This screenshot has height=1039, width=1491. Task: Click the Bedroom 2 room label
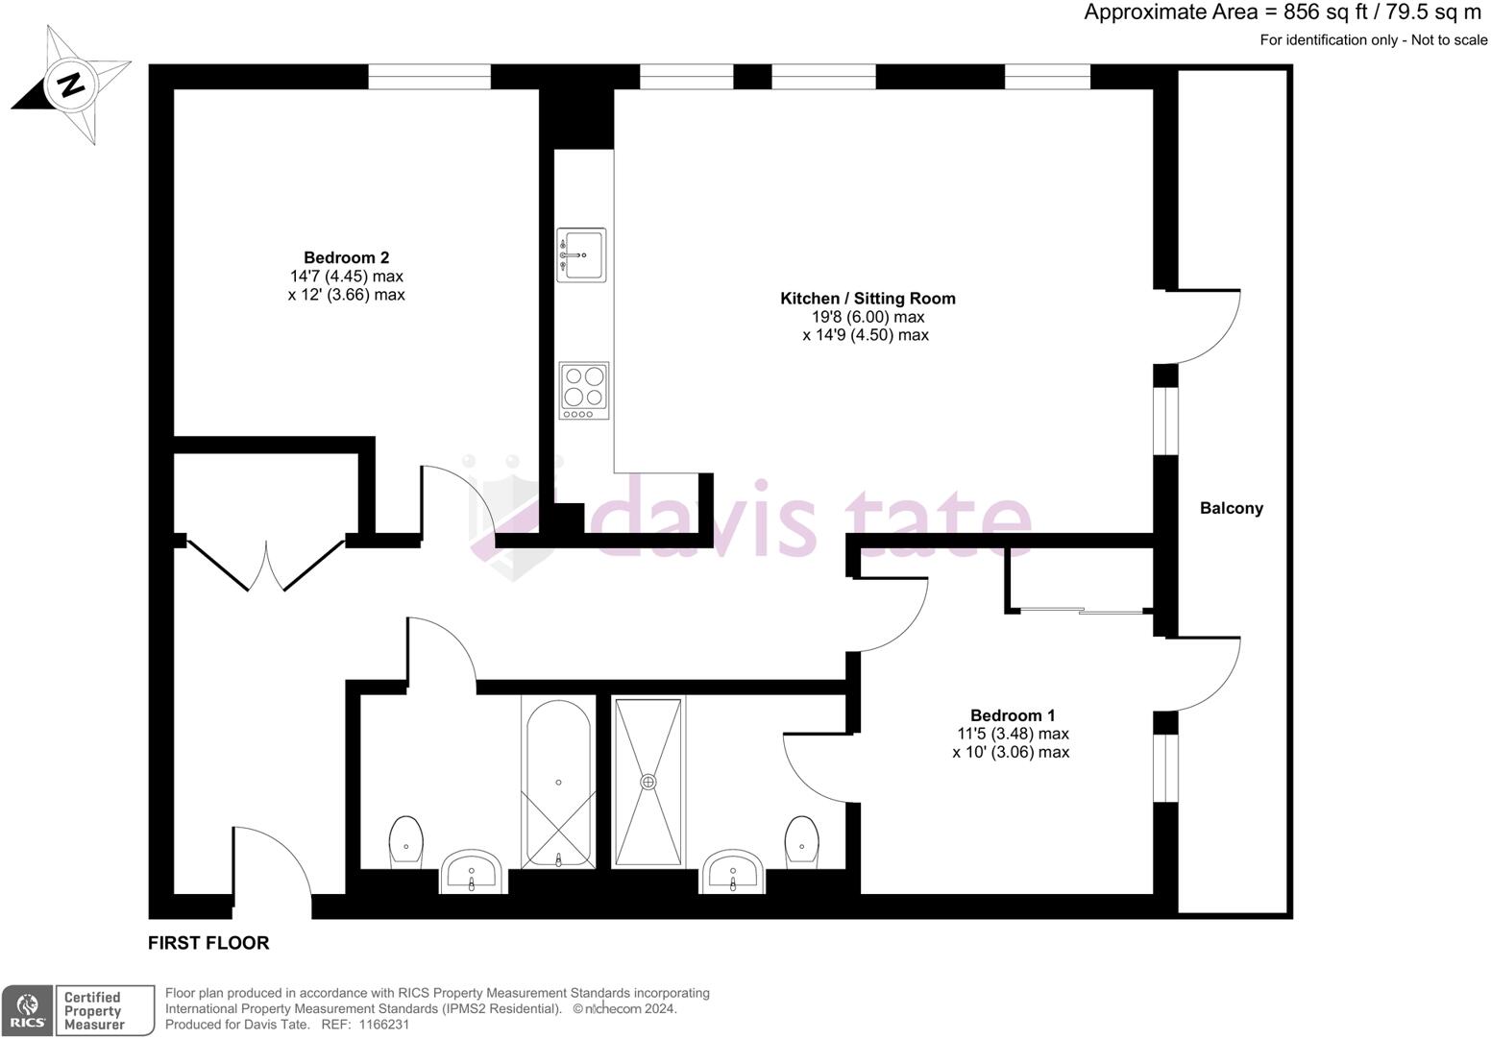346,257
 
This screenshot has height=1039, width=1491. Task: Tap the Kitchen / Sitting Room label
867,299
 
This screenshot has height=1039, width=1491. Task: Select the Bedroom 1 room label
1012,715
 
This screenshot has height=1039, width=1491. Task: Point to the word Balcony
1231,508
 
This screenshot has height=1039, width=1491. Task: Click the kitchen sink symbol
582,255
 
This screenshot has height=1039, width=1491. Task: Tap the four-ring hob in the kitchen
584,389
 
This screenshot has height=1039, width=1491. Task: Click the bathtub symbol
556,780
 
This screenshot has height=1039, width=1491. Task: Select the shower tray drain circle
649,782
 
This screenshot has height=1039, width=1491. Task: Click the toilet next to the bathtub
406,842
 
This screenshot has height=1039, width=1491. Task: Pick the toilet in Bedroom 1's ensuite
800,841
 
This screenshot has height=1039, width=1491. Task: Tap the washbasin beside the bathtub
471,871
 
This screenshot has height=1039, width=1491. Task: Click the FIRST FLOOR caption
208,943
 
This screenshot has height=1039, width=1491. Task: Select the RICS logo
26,1010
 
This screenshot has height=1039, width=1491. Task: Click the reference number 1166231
384,1025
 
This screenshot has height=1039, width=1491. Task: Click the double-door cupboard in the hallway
265,565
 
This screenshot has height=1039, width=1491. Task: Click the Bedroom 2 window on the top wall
428,77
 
